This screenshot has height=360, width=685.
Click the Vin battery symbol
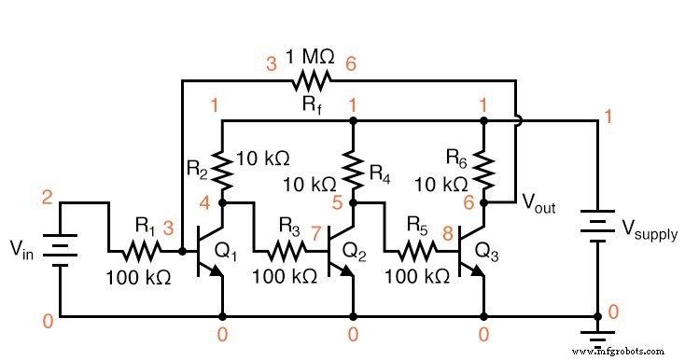(x=62, y=250)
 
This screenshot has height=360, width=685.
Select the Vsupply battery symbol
(x=597, y=224)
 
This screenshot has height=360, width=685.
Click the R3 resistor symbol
(x=286, y=251)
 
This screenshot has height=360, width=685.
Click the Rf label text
(x=310, y=105)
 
